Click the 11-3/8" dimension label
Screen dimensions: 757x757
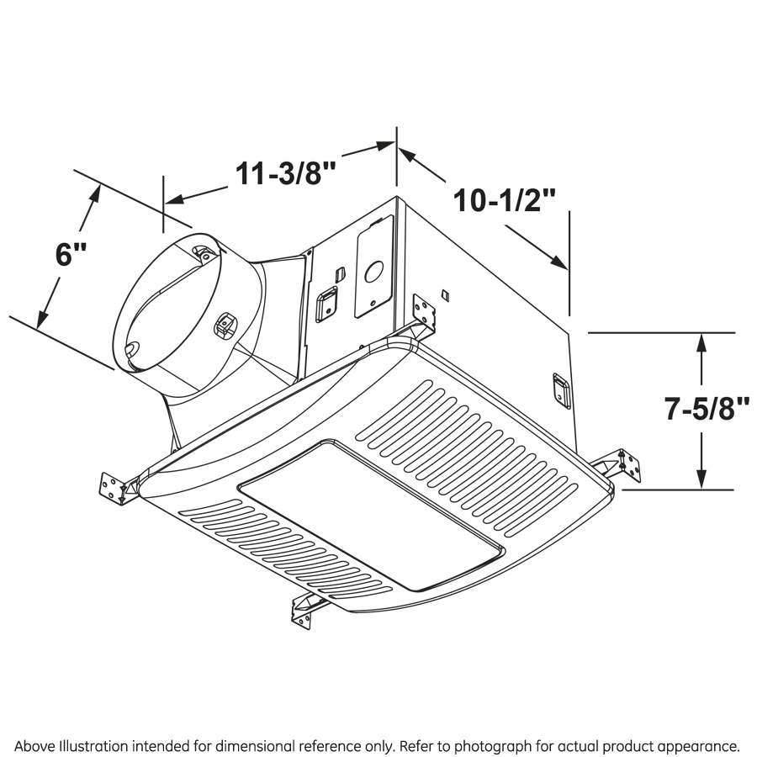pyautogui.click(x=285, y=172)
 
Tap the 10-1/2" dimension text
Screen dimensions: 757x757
pyautogui.click(x=504, y=200)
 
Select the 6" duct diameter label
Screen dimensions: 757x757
pyautogui.click(x=71, y=254)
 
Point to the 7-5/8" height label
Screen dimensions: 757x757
pyautogui.click(x=707, y=409)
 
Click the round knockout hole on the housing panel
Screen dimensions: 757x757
pyautogui.click(x=374, y=272)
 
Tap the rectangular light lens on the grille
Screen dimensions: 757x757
pyautogui.click(x=371, y=515)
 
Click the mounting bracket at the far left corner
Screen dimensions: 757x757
pyautogui.click(x=117, y=488)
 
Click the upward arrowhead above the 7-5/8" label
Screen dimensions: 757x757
pyautogui.click(x=701, y=343)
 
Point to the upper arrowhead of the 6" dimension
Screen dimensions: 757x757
pyautogui.click(x=95, y=194)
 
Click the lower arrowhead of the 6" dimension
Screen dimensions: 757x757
pyautogui.click(x=43, y=319)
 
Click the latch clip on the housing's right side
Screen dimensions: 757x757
pyautogui.click(x=562, y=390)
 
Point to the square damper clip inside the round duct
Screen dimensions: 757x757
pyautogui.click(x=224, y=324)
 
